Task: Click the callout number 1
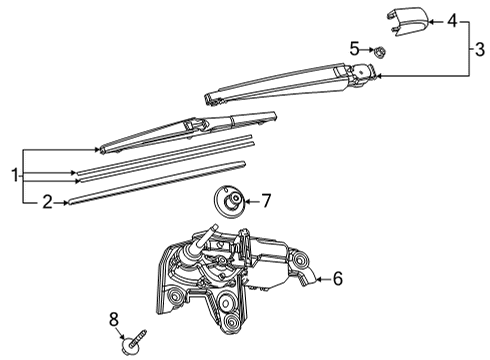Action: pos(15,175)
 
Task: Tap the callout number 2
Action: pos(47,202)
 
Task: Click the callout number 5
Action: pos(354,47)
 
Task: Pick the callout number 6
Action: pos(338,278)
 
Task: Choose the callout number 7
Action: pos(266,202)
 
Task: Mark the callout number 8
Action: pos(114,318)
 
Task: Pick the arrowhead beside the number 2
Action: pos(66,202)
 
